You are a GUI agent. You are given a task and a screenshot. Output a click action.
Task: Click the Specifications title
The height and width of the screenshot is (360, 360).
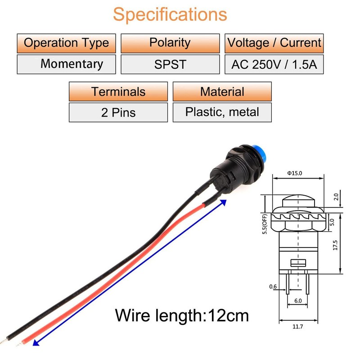pos(170,14)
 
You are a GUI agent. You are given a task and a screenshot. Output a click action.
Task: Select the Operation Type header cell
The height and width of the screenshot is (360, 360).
pos(67,43)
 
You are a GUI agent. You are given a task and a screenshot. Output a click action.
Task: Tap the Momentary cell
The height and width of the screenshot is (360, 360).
pos(67,64)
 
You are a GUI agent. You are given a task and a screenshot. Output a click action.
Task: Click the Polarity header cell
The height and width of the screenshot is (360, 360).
pos(170,43)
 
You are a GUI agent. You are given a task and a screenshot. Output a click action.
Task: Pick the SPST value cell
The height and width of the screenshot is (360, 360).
pos(170,64)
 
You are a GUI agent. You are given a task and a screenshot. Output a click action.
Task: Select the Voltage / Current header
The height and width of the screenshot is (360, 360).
pos(274,43)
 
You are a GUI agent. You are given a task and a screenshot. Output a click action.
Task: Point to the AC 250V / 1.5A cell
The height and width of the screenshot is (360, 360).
pos(274,64)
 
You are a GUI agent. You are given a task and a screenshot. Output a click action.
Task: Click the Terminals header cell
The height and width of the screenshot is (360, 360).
pos(118,92)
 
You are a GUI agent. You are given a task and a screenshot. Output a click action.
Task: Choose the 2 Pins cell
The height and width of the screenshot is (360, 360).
pos(118,112)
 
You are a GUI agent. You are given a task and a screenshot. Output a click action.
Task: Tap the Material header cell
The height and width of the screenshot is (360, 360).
pos(222,92)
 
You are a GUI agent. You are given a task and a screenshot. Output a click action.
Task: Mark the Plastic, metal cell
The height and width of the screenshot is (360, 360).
pos(222,112)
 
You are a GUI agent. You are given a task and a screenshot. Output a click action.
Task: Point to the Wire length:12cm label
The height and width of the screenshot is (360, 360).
pos(182,315)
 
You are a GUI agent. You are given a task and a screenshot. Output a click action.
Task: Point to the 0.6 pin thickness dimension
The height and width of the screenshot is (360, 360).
pos(273,287)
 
